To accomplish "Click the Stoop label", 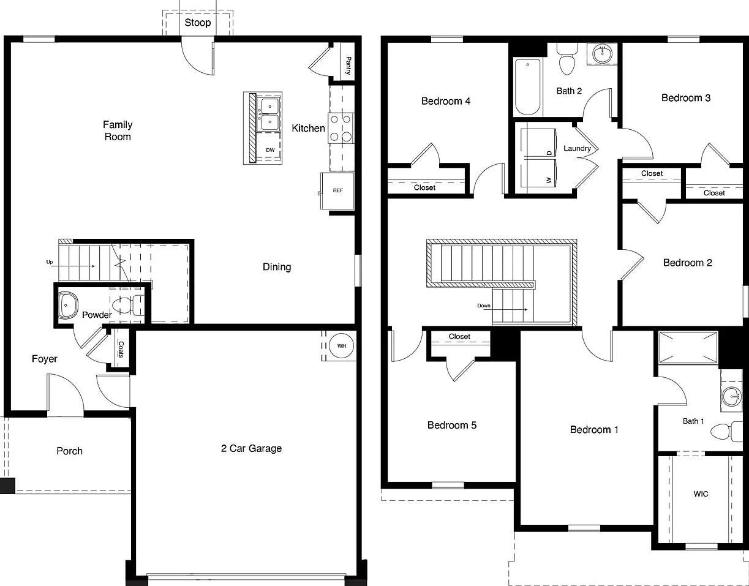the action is click(x=197, y=23).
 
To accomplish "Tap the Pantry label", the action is click(x=348, y=66).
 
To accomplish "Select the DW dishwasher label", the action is click(x=270, y=150).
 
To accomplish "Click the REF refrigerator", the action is click(x=337, y=191).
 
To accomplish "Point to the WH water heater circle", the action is click(x=341, y=345).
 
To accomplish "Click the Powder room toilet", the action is click(x=128, y=305).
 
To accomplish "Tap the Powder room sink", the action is click(x=67, y=305).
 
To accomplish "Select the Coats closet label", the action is click(x=121, y=349).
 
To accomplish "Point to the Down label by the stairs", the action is click(x=484, y=306).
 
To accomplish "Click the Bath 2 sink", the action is click(x=602, y=53).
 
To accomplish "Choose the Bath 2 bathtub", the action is click(x=528, y=87).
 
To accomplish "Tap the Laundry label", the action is click(x=577, y=148).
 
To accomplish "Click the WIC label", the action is click(x=701, y=494).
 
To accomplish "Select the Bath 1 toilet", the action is click(x=726, y=431).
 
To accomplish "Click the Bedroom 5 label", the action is click(x=452, y=425).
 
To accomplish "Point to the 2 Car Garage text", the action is click(x=251, y=448).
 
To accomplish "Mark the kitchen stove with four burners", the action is click(x=341, y=128).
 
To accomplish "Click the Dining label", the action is click(x=277, y=267).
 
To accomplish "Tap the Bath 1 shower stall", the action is click(x=688, y=348).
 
